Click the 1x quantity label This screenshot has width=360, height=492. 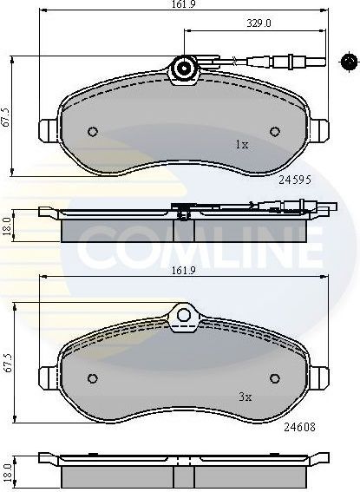(242, 146)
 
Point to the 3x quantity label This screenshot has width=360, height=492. (245, 397)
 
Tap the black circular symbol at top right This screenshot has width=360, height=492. (349, 61)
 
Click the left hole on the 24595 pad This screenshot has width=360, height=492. (93, 133)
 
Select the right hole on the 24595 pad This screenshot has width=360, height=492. (275, 133)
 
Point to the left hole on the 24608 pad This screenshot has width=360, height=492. (93, 378)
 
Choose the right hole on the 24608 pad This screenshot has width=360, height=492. (275, 378)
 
